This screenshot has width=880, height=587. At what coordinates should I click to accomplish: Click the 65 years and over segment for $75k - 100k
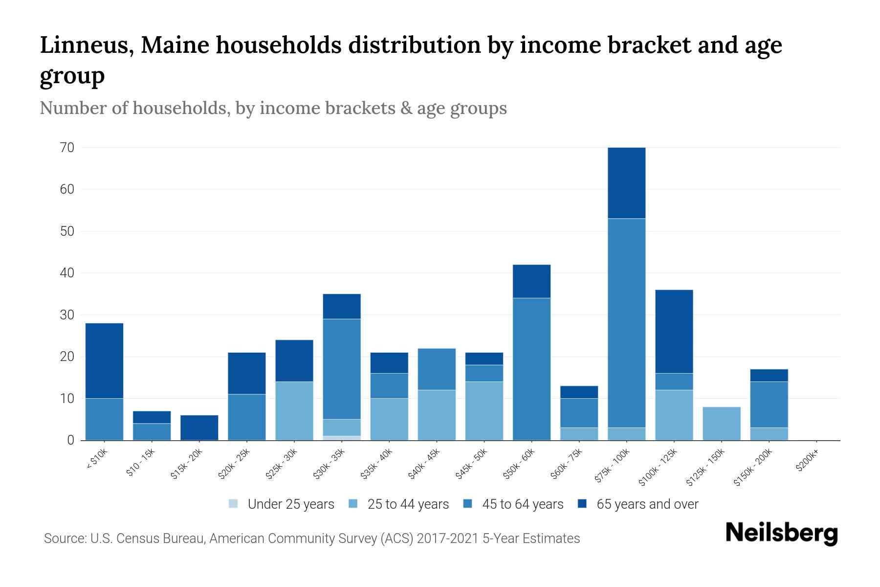coord(626,183)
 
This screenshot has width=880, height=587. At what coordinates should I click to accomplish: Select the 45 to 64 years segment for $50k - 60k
coord(531,369)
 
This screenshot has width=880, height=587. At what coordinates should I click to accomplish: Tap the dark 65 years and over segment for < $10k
coord(104,361)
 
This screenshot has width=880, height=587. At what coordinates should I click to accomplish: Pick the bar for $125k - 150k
coord(721,424)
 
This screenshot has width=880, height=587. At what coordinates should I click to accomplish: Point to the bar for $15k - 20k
coord(199,428)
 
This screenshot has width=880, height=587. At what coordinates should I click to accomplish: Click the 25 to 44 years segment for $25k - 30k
coord(294,411)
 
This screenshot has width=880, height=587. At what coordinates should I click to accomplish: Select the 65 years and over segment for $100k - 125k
coord(674,332)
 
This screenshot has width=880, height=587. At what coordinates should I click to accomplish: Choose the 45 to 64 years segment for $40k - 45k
coord(437,369)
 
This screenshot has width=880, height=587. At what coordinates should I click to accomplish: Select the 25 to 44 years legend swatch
coord(353,504)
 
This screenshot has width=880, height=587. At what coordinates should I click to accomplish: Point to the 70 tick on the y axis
coord(67,147)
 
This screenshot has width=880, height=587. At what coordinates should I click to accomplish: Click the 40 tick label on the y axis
coord(67,273)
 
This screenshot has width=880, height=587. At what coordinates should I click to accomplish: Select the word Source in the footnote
coord(64,539)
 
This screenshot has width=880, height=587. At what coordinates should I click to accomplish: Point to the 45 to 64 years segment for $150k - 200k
coord(769,405)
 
